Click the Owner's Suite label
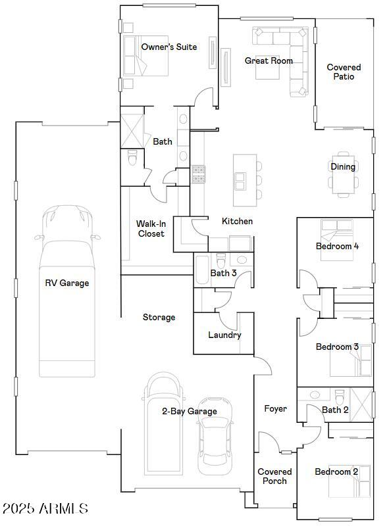[x=169, y=47]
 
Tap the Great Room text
[x=269, y=60]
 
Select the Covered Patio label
[x=344, y=72]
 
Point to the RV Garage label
[x=66, y=283]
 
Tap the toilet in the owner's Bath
[x=132, y=158]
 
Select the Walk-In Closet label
[x=151, y=228]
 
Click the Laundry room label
[x=224, y=335]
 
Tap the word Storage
[x=159, y=317]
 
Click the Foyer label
[x=275, y=408]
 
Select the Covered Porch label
[x=274, y=476]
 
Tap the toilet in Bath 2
[x=340, y=397]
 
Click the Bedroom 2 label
[x=336, y=472]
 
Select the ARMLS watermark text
[x=45, y=508]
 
